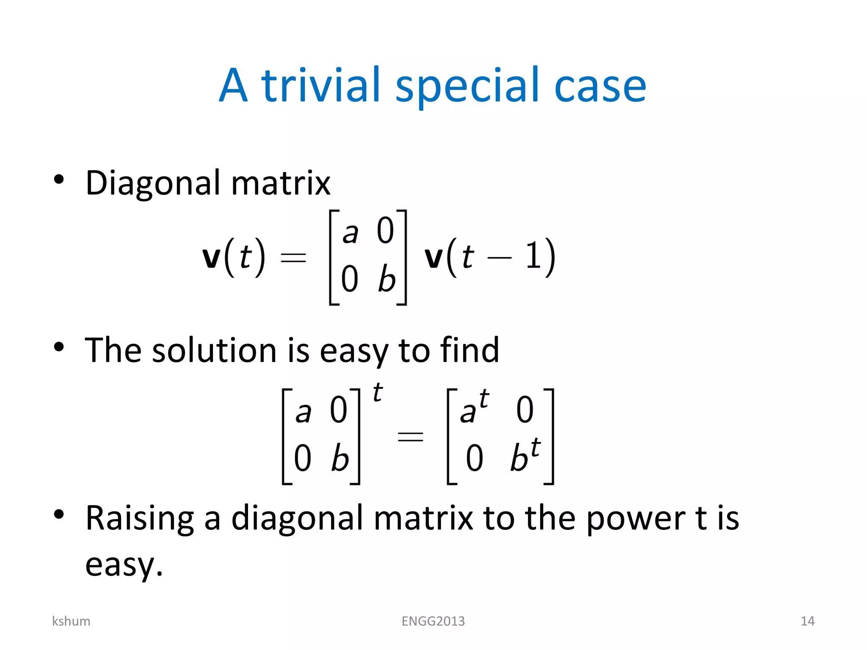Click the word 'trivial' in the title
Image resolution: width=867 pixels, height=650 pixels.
click(321, 85)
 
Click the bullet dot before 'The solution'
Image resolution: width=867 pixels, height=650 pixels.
click(59, 347)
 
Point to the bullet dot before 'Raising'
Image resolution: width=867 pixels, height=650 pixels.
click(59, 515)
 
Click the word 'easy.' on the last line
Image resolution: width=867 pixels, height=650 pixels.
click(124, 565)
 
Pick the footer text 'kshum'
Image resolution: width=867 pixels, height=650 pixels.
click(71, 621)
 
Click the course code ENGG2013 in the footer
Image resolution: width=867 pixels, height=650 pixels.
click(433, 621)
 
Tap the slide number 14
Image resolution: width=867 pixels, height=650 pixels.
click(807, 621)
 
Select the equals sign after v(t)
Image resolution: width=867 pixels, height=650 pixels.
click(293, 257)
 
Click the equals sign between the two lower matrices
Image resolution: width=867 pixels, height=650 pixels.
click(410, 436)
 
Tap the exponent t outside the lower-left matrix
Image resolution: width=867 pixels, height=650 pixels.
click(378, 393)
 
